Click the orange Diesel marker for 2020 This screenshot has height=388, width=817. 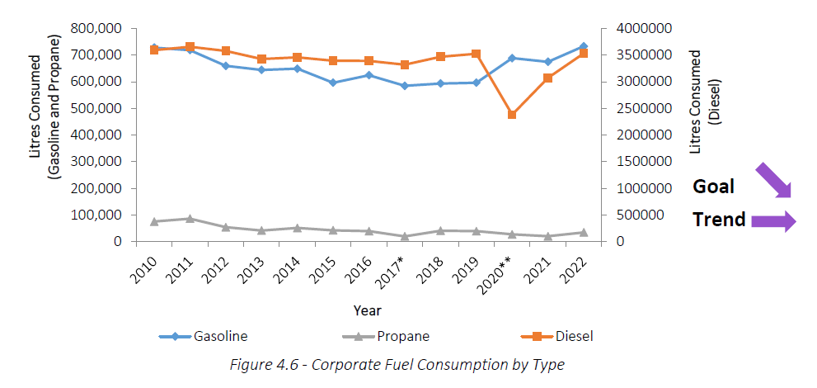pos(512,115)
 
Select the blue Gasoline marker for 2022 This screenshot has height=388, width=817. pos(584,46)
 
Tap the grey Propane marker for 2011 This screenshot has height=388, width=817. pos(190,219)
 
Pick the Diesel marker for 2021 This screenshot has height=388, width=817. pos(547,78)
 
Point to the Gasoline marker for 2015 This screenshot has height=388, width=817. pos(333,83)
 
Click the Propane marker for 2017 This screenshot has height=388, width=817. pos(405,237)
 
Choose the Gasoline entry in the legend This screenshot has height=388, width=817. pos(204,336)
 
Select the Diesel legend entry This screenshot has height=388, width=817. pos(557,336)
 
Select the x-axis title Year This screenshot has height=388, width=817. pos(367,310)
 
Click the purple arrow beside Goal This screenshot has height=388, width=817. pos(773,180)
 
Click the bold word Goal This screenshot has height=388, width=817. pos(713,187)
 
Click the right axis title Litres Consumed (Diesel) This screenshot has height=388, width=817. pos(705,102)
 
